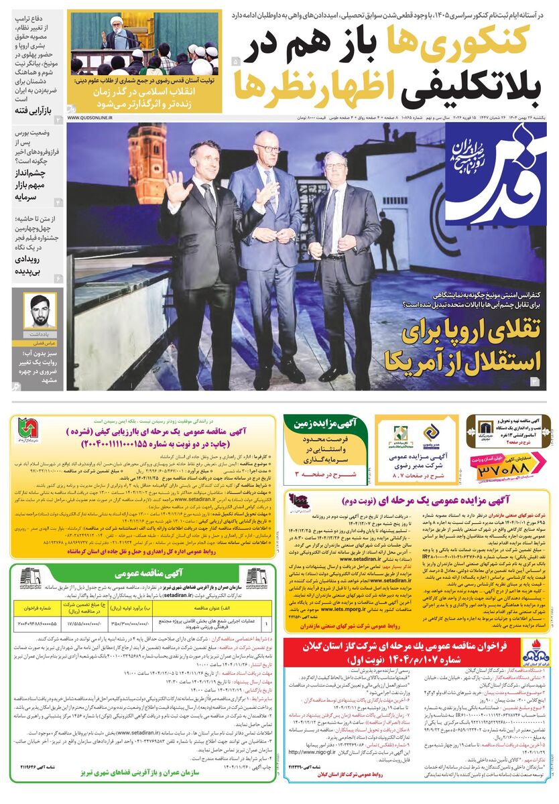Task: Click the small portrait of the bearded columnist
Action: tap(40, 311)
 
